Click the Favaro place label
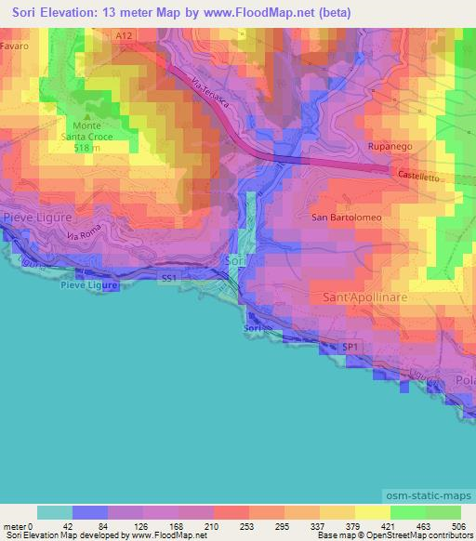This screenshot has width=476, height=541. [15, 45]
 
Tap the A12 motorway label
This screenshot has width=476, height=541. [126, 35]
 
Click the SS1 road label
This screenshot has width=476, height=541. [169, 278]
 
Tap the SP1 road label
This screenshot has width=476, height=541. [350, 346]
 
